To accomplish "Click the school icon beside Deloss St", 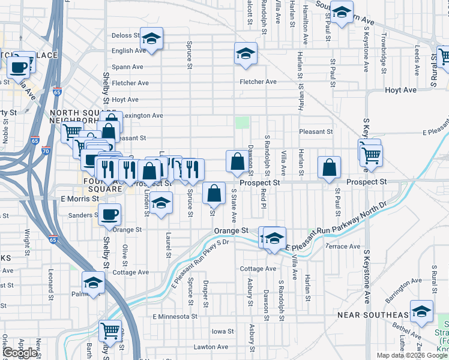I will (152, 39).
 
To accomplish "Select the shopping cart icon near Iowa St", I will (110, 330).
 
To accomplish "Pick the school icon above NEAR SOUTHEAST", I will (422, 310).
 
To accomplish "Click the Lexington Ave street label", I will (145, 115).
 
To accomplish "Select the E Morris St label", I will (80, 199).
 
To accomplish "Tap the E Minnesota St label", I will (175, 316).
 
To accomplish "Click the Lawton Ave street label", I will (211, 347).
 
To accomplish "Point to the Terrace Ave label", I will (343, 247).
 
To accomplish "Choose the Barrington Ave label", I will (403, 285).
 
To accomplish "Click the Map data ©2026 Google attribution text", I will (411, 355).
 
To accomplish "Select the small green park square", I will (242, 122).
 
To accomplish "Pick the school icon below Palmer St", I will (94, 281).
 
